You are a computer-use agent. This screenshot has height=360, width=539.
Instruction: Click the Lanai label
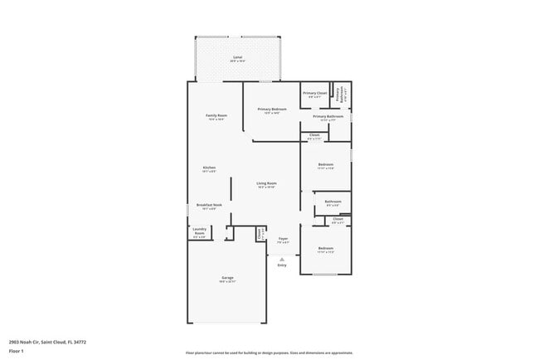click(x=236, y=57)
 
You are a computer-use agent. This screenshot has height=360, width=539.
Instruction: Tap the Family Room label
click(x=217, y=116)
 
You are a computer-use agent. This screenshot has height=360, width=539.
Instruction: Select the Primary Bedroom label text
click(x=271, y=109)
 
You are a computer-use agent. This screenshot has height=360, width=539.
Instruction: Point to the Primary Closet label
click(x=314, y=94)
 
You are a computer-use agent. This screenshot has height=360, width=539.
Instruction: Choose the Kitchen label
click(x=209, y=168)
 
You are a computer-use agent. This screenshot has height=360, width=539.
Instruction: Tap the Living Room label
click(x=266, y=183)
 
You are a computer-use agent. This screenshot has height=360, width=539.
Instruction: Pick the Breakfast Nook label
click(x=209, y=205)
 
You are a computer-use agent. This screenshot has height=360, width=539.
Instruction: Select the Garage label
click(x=227, y=278)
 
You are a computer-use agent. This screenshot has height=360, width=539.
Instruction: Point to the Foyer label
click(x=283, y=239)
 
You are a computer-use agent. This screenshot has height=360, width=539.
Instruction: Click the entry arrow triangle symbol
click(x=282, y=259)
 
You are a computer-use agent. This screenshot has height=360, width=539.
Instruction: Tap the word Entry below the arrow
click(x=282, y=265)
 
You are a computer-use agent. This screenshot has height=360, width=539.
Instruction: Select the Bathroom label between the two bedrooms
click(x=333, y=202)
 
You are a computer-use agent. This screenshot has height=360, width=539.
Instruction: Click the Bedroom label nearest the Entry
click(x=326, y=249)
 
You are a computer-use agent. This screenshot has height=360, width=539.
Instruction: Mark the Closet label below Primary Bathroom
click(x=314, y=135)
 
